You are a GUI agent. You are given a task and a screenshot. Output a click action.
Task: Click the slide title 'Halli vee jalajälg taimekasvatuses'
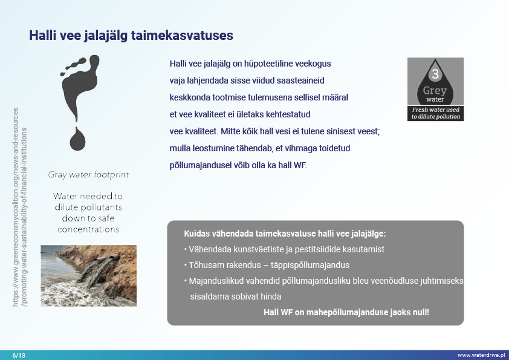click(x=131, y=36)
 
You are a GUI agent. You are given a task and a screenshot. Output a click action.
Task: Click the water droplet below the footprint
click(x=78, y=139)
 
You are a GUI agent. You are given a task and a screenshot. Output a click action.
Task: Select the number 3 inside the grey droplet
click(x=435, y=75)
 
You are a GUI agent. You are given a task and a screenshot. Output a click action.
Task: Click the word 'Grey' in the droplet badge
click(x=435, y=91)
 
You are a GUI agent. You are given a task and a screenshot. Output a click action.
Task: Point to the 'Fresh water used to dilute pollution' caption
click(x=435, y=113)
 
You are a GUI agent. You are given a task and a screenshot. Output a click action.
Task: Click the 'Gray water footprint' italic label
click(x=88, y=175)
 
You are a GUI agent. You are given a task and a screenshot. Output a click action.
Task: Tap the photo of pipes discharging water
click(x=88, y=267)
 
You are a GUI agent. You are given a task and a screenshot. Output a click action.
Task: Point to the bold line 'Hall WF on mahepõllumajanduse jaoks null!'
click(x=346, y=312)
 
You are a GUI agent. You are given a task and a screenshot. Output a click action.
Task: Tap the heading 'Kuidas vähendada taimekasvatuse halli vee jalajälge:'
click(x=285, y=234)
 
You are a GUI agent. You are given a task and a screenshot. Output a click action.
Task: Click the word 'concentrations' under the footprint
click(x=88, y=229)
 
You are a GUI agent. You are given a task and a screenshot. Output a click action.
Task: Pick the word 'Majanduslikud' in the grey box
click(x=213, y=281)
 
